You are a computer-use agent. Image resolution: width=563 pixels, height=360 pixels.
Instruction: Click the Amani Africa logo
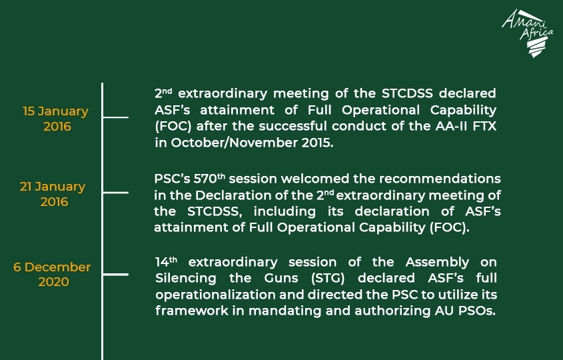click(x=527, y=33)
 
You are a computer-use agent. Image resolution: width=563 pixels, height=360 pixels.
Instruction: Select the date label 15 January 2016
click(x=56, y=119)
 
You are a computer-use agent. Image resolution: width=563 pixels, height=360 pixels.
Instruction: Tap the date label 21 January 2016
click(x=53, y=194)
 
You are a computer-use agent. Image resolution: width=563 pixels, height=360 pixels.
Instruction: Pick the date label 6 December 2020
click(x=52, y=274)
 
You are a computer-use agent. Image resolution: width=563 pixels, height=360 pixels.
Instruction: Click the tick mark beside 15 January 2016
click(x=115, y=117)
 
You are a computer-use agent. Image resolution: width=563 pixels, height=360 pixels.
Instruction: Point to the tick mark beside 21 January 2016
click(x=115, y=193)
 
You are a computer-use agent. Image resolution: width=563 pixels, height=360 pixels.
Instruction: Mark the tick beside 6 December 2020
click(x=115, y=275)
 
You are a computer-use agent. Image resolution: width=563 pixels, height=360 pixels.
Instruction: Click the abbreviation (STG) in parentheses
click(x=328, y=278)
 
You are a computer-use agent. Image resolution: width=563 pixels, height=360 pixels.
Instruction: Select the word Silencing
click(x=186, y=279)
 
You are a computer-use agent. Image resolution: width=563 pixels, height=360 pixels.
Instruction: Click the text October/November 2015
click(x=252, y=143)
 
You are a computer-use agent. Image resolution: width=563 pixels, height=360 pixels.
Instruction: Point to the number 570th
click(x=209, y=178)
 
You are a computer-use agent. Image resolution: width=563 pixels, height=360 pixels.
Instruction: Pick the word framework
click(x=192, y=311)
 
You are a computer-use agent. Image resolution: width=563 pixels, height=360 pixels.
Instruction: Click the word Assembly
click(x=437, y=262)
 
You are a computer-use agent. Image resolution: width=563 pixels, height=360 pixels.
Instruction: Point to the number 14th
click(x=167, y=261)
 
